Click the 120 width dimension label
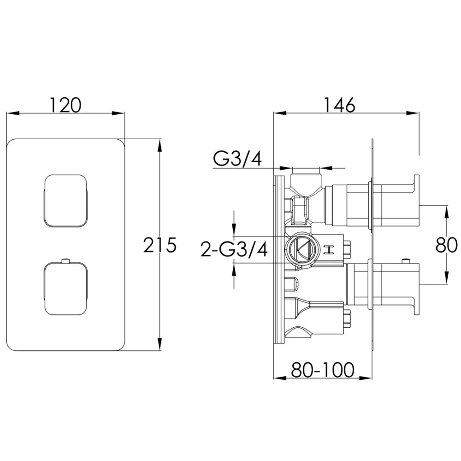click(65, 105)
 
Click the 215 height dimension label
click(160, 245)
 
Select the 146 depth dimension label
click(339, 105)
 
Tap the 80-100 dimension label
click(323, 370)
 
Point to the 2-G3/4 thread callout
click(234, 249)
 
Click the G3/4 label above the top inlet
click(237, 160)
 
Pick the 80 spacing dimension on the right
click(446, 245)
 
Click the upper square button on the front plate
click(65, 201)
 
